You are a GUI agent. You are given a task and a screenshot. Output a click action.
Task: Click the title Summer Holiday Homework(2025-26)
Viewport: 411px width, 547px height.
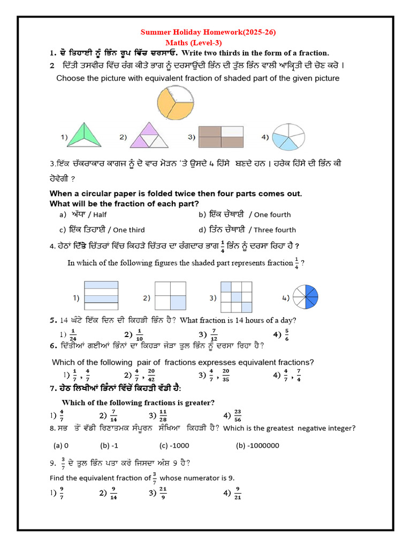click(x=208, y=33)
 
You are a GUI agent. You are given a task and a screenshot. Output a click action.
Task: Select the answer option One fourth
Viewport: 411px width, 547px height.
click(x=272, y=215)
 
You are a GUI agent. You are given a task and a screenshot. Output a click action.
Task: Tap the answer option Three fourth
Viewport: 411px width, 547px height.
click(x=275, y=230)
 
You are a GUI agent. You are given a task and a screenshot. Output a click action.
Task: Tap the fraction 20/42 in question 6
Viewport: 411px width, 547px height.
click(x=151, y=375)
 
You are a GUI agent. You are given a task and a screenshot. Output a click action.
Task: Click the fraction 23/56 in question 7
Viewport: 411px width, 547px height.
click(x=238, y=416)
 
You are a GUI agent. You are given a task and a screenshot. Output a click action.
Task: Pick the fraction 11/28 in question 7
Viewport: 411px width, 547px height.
click(x=163, y=416)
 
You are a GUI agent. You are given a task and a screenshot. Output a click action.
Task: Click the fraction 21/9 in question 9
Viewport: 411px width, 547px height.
click(x=163, y=493)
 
